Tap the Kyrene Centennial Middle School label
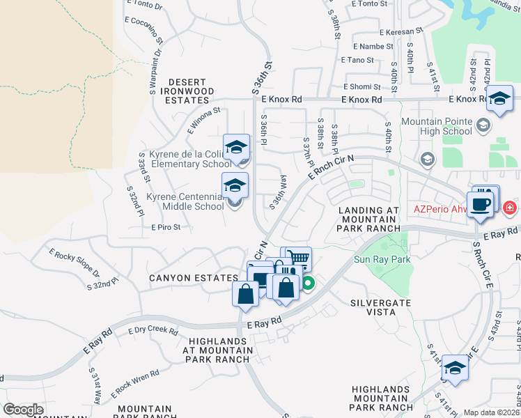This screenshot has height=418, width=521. (x=185, y=202)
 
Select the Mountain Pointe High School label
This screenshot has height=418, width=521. (x=437, y=126)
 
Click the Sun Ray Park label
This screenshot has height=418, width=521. (x=382, y=260)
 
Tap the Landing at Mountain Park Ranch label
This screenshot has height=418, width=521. (x=368, y=219)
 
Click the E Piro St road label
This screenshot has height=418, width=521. (x=166, y=227)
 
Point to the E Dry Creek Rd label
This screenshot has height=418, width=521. (x=154, y=330)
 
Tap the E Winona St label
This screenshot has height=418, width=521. (x=203, y=119)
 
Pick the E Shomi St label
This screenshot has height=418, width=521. (x=362, y=87)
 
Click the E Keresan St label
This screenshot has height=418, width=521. (x=399, y=32)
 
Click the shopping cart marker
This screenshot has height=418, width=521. (x=299, y=258)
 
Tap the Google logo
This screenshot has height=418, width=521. (x=23, y=410)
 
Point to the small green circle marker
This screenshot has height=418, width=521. (x=307, y=283)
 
